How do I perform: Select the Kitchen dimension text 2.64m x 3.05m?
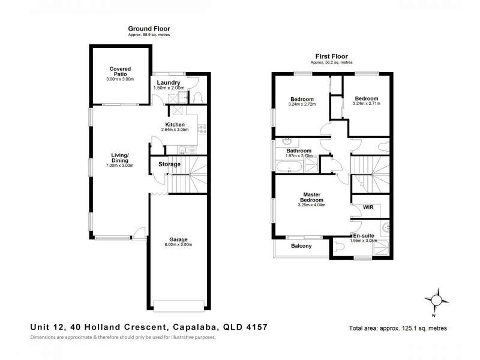click(175, 130)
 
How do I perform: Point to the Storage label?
click(170, 164)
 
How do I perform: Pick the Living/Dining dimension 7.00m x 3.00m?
click(120, 165)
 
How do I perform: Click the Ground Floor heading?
click(149, 28)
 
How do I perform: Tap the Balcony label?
click(301, 246)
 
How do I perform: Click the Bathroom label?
click(298, 151)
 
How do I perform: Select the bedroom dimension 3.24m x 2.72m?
click(302, 104)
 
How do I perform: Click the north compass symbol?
click(436, 299)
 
